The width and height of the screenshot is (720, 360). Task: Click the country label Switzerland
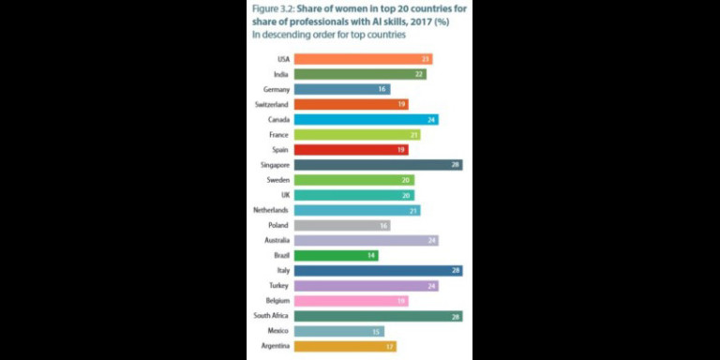(x=272, y=104)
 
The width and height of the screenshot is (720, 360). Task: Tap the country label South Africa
(x=270, y=316)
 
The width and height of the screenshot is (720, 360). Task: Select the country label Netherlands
(x=271, y=210)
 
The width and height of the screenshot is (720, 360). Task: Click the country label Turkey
(x=278, y=286)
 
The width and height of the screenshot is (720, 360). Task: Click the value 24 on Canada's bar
(x=431, y=119)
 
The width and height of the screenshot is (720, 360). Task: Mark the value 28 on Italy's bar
(x=455, y=271)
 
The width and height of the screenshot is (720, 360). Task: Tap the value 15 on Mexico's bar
(x=377, y=331)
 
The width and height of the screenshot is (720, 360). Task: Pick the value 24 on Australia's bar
(x=431, y=240)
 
